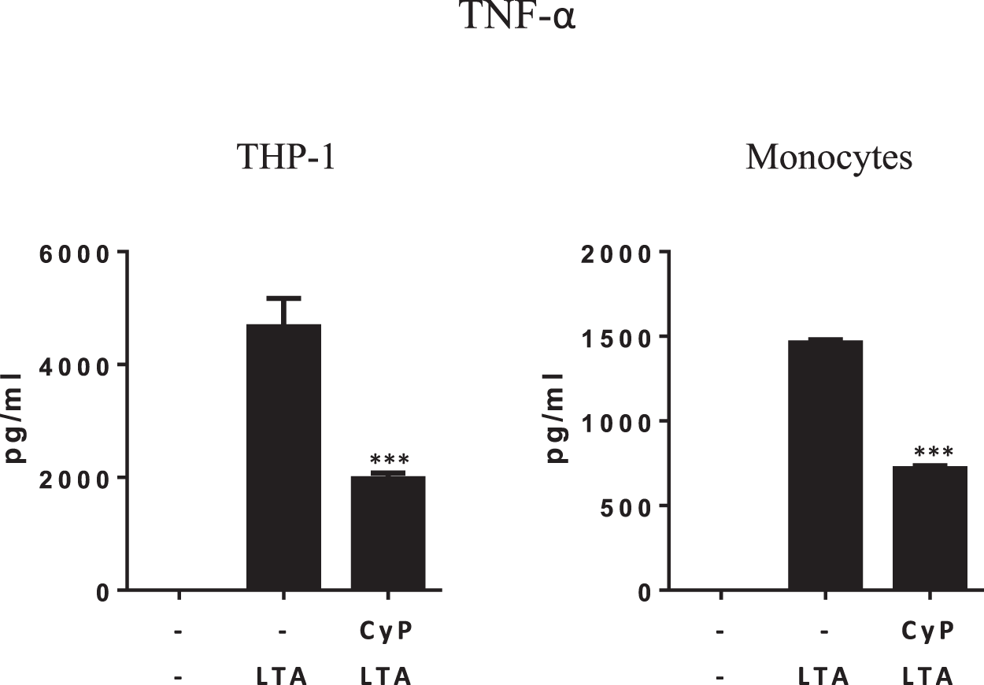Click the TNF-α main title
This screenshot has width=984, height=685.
[519, 17]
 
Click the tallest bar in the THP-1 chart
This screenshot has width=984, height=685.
[284, 457]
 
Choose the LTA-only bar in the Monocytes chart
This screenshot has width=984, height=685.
[825, 465]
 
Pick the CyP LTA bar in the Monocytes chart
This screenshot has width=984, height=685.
[929, 528]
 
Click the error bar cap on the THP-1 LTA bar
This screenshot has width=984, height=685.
[284, 298]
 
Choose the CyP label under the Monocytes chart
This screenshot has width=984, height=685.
[929, 631]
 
